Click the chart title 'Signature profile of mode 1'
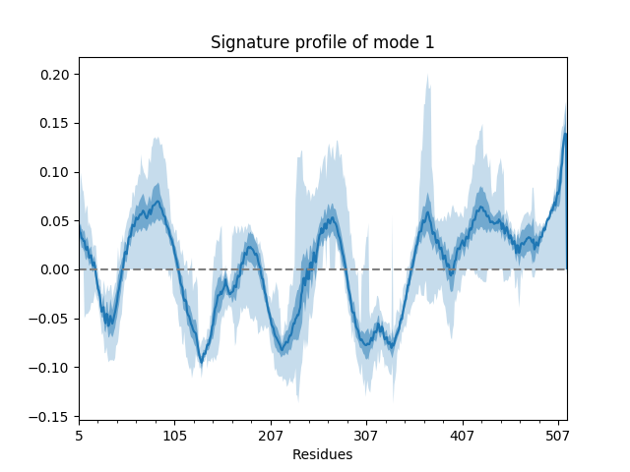tap(323, 42)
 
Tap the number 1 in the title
tap(430, 42)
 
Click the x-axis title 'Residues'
tap(323, 454)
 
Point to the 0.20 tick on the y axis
tap(57, 75)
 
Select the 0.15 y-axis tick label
tap(57, 124)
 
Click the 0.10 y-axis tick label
tap(57, 172)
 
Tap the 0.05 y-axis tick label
tap(57, 221)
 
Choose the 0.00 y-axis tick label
tap(57, 269)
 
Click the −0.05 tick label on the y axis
tap(53, 319)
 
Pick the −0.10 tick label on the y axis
tap(53, 368)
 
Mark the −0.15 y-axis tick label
tap(53, 416)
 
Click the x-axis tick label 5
tap(80, 434)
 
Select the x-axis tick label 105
tap(175, 434)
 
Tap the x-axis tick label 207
tap(271, 434)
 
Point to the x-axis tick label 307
tap(366, 434)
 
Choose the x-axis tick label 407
tap(462, 434)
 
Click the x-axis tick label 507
tap(557, 434)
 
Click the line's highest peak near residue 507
tap(565, 134)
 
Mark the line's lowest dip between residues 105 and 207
tap(201, 362)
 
